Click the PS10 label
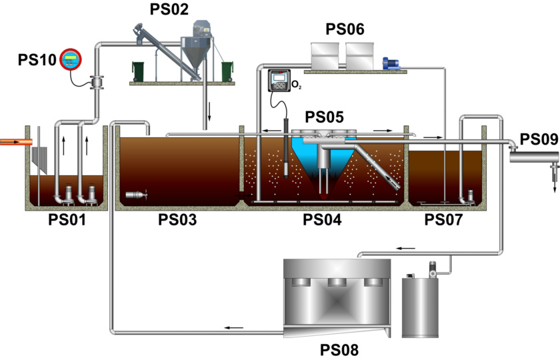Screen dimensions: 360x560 36,61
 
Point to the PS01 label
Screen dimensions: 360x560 67,220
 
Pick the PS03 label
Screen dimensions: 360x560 177,220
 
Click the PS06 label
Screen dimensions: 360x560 345,29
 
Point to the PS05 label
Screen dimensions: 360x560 325,118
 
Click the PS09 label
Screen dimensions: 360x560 539,139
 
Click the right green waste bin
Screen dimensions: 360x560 227,70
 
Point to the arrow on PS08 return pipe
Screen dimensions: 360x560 233,327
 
